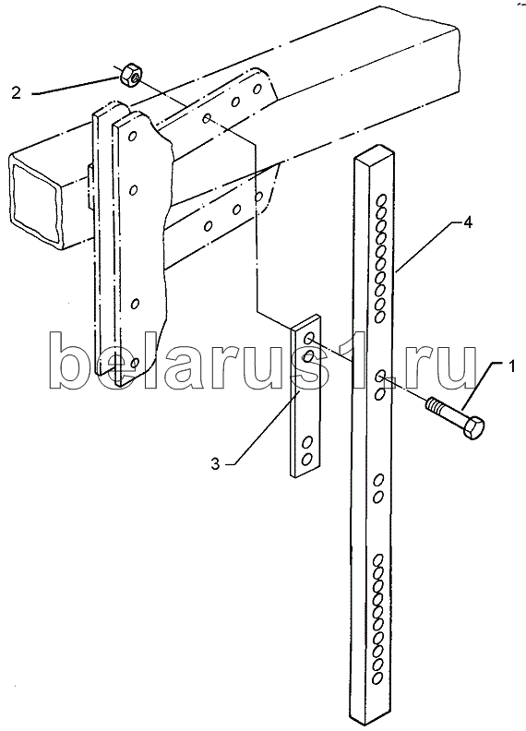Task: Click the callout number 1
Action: (x=511, y=354)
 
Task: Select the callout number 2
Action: (x=17, y=93)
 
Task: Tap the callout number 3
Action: (x=215, y=464)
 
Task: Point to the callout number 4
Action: (x=468, y=222)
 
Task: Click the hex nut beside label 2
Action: (x=132, y=75)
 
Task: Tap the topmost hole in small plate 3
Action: (x=309, y=339)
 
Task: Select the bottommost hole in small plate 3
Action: (x=306, y=460)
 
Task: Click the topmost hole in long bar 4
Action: (x=381, y=201)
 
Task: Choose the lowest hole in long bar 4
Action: (x=377, y=676)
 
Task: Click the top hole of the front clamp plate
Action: (x=133, y=136)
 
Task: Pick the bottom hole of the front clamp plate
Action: (x=136, y=362)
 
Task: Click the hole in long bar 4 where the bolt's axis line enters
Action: (x=380, y=375)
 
